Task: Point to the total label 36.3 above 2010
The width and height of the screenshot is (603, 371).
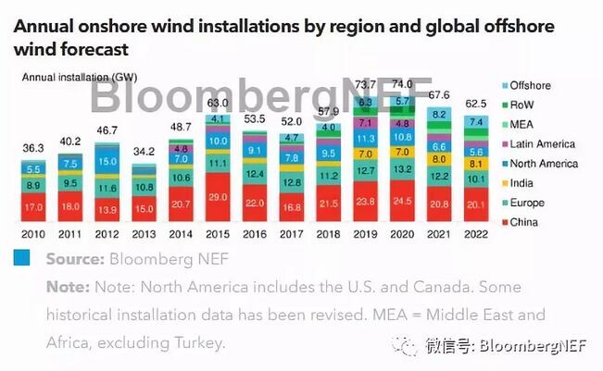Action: [33, 147]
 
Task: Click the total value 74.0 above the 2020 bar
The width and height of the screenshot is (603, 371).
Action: [403, 83]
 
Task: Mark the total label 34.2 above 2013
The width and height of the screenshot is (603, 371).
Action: [144, 151]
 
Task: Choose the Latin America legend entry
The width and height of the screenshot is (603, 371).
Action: [542, 143]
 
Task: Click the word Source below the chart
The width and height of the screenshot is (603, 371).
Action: [72, 259]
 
